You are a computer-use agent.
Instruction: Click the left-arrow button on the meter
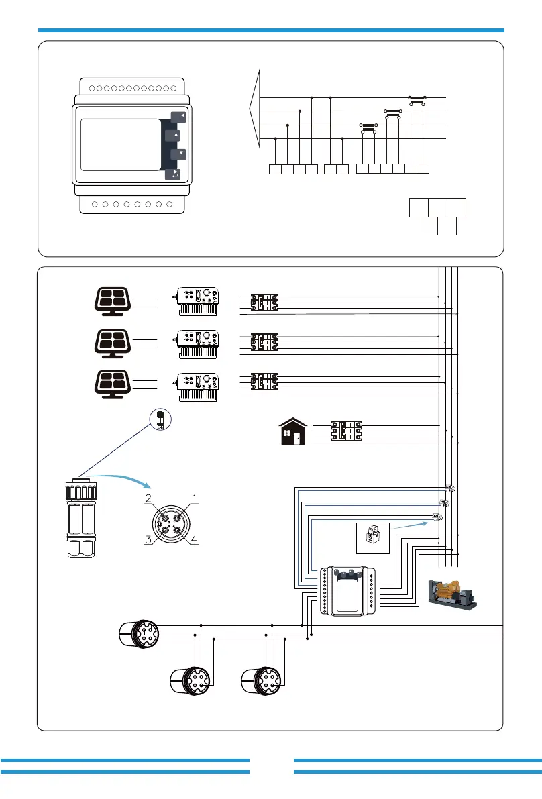[x=179, y=116]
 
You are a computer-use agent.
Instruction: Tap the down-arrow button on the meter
[x=178, y=154]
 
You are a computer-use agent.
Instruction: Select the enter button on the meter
[x=173, y=174]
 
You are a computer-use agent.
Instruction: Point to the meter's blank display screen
[x=120, y=146]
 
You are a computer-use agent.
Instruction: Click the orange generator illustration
[x=452, y=592]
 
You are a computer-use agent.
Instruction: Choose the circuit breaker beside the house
[x=346, y=430]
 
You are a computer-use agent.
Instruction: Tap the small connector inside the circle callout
[x=160, y=421]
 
